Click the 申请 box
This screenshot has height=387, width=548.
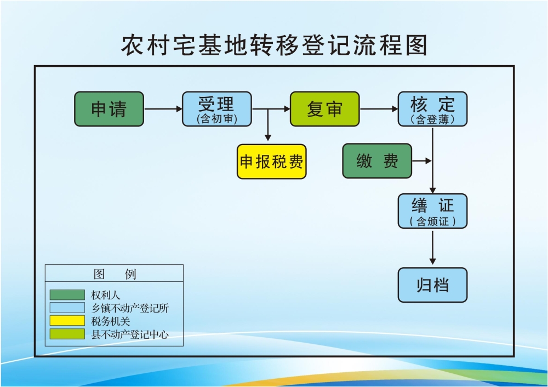(x=109, y=109)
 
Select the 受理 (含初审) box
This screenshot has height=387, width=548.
(x=216, y=109)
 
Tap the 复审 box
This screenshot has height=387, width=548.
(x=324, y=109)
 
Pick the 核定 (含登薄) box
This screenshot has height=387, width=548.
(x=432, y=109)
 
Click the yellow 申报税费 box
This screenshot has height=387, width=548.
(x=271, y=161)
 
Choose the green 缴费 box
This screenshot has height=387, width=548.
(x=377, y=161)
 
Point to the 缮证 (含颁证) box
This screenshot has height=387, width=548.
(x=432, y=211)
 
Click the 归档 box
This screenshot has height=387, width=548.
(x=432, y=285)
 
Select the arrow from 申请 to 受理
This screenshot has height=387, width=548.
(x=163, y=109)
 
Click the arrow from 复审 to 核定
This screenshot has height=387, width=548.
(x=379, y=109)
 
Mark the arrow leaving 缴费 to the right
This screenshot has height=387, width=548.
(x=422, y=161)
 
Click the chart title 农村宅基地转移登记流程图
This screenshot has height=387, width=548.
(x=274, y=45)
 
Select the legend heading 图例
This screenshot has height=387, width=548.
(x=115, y=274)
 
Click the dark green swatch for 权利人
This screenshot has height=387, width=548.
(x=67, y=295)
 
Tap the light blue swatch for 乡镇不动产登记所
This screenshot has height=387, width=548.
(x=67, y=308)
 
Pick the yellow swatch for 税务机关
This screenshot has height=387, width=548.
(x=67, y=321)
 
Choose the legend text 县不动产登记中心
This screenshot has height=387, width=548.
(x=129, y=334)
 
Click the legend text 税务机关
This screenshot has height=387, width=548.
(x=111, y=321)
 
